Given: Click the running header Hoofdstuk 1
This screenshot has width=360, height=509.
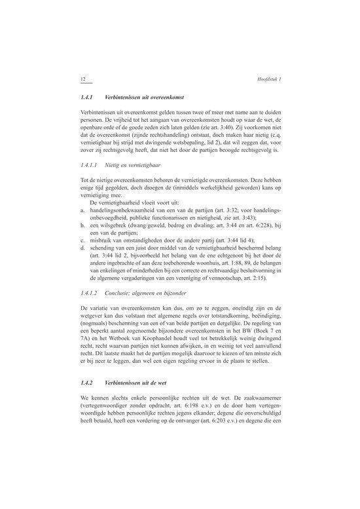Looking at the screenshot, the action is [x=270, y=79].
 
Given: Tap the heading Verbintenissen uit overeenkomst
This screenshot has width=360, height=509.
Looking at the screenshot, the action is [x=138, y=97].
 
